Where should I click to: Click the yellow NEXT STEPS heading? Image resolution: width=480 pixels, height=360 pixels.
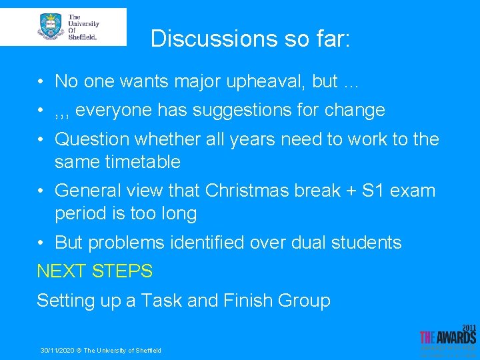(95, 271)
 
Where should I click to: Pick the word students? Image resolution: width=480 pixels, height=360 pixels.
(367, 243)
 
